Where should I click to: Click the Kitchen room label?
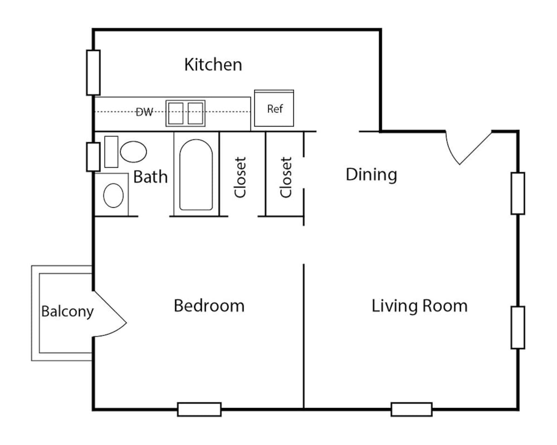coord(213,64)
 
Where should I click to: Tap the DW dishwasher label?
coord(144,112)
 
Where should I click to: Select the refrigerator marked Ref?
coord(274,109)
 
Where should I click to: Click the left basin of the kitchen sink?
coord(175,113)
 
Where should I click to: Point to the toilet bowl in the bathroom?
coord(133,152)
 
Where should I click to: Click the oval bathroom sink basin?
coord(113,195)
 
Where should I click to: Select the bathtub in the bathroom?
coord(196,175)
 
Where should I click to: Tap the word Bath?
coord(150,177)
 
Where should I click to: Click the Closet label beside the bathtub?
coord(240,178)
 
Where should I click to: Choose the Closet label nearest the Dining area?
coord(286,178)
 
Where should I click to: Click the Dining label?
coord(371,175)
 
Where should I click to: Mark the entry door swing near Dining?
coord(466,146)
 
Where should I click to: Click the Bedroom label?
coord(209,306)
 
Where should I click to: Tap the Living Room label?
coord(419,306)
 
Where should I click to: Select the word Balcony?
coord(67,311)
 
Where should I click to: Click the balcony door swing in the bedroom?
coord(110,314)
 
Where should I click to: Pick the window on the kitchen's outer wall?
coord(93,72)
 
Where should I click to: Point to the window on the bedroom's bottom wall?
coord(199,409)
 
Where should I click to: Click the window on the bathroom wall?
coord(93,157)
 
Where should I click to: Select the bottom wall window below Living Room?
coord(411,409)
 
